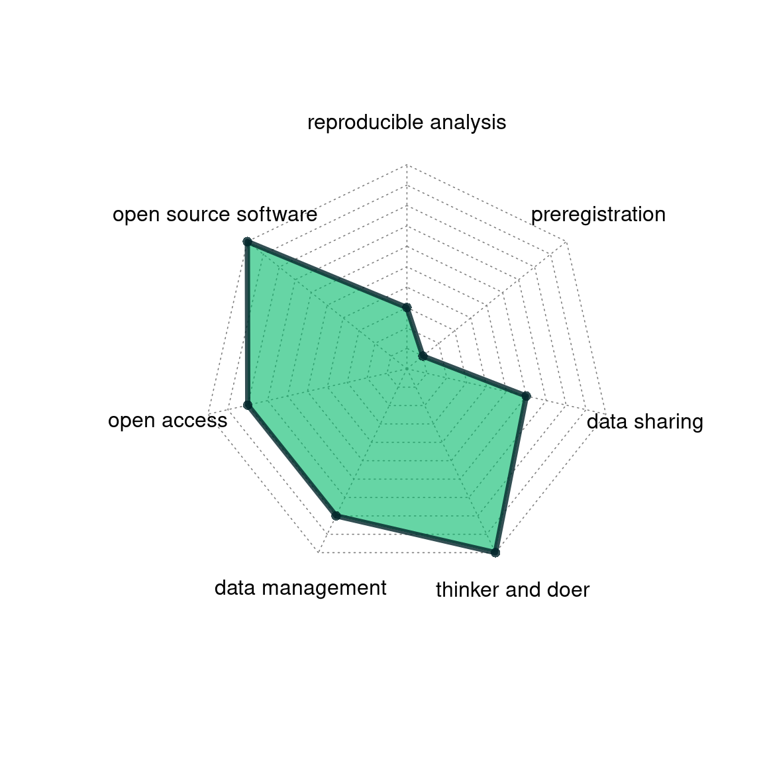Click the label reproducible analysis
(x=407, y=123)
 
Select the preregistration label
(x=598, y=215)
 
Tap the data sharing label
(x=644, y=421)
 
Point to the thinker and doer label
(x=513, y=589)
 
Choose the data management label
(x=300, y=588)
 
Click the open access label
(x=168, y=421)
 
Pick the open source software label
(x=215, y=215)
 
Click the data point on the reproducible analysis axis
(x=407, y=307)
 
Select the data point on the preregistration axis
(x=423, y=357)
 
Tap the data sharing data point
(x=526, y=396)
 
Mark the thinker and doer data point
(x=495, y=552)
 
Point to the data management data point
(x=336, y=515)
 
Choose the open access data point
(x=247, y=405)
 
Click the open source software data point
(x=247, y=242)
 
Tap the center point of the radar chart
(x=407, y=369)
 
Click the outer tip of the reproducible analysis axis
(x=407, y=165)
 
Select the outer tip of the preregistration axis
(x=566, y=242)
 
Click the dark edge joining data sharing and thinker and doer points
(x=511, y=474)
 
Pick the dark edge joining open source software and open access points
(x=247, y=324)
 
